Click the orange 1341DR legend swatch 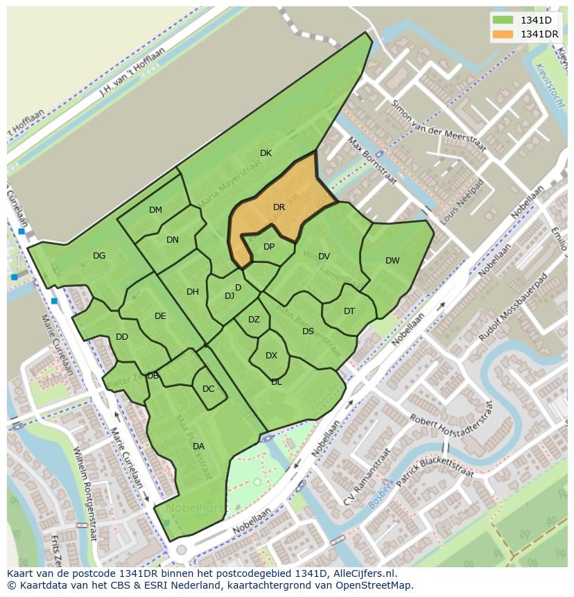[503, 34]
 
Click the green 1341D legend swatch [503, 20]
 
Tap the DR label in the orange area [279, 207]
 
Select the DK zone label [266, 153]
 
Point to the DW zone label [392, 261]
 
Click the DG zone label [99, 256]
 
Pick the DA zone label [198, 447]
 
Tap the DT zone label [349, 311]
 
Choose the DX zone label [271, 356]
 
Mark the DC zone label [208, 389]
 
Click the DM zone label [155, 210]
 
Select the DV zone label [324, 257]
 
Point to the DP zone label [269, 247]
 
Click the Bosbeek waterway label [381, 493]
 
